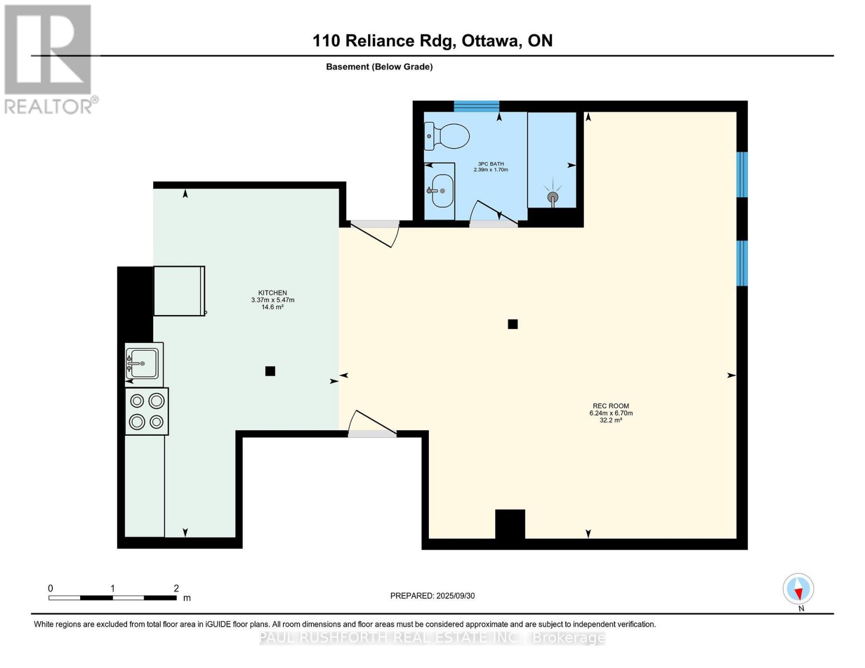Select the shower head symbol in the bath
[553, 197]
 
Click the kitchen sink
[143, 364]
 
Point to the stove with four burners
[147, 411]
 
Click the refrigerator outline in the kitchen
[179, 291]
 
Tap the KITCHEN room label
[272, 293]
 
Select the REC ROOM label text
[610, 406]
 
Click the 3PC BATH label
[491, 164]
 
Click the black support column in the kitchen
[270, 371]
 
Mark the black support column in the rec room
[512, 324]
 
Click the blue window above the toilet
[476, 106]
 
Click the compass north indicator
[798, 589]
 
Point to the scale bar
[113, 598]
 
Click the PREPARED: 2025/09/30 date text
[432, 596]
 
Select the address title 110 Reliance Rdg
[432, 41]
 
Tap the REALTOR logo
[49, 59]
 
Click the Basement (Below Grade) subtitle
[379, 67]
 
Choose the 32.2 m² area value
[610, 420]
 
